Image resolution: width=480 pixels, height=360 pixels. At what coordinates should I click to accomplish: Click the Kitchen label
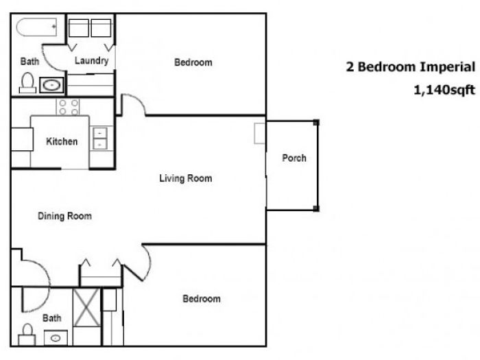point(62,141)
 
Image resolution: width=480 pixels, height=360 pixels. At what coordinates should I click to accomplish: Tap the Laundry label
point(91,60)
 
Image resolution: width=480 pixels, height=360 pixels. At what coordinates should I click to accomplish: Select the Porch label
point(294,158)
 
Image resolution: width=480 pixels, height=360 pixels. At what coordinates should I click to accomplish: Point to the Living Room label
point(186,178)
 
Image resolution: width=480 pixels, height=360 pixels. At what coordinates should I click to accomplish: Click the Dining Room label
point(64,216)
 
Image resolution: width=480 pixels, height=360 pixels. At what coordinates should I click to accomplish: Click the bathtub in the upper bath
point(36,27)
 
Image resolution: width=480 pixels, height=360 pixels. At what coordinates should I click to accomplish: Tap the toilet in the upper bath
point(28,83)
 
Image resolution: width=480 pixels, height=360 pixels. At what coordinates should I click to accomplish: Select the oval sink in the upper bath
point(51,85)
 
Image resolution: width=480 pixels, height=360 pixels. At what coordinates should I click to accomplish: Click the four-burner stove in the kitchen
point(68,107)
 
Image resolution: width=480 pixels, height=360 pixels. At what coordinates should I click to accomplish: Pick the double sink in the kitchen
point(100,139)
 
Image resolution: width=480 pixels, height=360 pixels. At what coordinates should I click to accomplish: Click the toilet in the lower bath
point(27,335)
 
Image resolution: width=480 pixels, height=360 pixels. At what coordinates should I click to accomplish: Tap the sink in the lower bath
point(56,338)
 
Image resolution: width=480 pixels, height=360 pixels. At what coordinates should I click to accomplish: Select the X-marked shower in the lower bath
point(87,307)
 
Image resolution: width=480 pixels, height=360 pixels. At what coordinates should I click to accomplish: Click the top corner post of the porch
point(316,123)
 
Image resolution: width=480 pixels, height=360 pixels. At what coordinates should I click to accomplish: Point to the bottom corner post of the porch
point(316,208)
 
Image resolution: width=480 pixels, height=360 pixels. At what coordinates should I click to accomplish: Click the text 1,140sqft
point(444,90)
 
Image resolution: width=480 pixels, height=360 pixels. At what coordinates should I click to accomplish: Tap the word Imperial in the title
point(447,67)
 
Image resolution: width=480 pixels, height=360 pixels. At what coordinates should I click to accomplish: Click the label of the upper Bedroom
point(193,62)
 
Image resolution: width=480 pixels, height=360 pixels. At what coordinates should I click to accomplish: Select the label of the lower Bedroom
point(202,298)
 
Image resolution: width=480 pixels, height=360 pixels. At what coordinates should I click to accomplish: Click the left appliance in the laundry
point(79,28)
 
